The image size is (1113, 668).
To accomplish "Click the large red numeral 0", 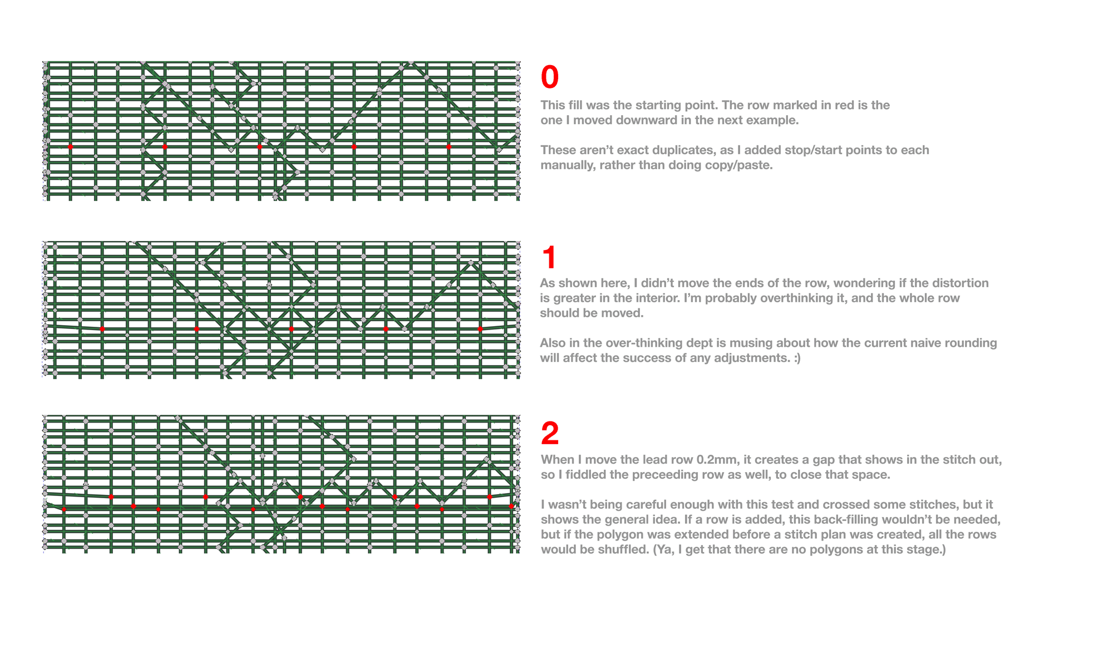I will pos(549,77).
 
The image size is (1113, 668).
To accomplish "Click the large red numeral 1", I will pos(549,258).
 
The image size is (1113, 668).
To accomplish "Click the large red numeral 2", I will pos(549,434).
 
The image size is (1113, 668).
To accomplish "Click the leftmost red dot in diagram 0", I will pos(70,147).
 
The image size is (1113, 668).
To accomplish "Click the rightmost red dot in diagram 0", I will pos(449,147).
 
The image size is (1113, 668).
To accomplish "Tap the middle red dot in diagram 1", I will pos(291,329).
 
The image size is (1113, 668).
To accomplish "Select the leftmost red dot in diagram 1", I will pos(102,329).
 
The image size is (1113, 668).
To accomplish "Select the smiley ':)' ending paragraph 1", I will pos(797,358).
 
